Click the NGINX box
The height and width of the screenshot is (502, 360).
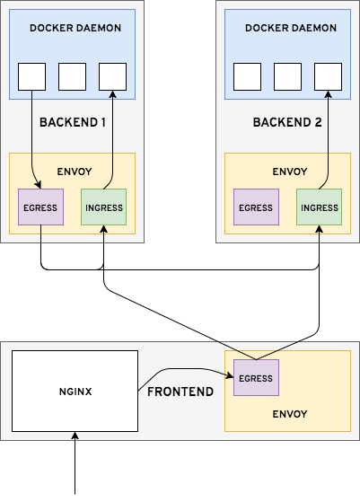(x=75, y=391)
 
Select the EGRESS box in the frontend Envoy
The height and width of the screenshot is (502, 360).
(x=256, y=377)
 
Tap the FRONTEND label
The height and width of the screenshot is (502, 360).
(x=180, y=392)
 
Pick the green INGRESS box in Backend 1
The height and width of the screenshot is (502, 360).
(x=103, y=207)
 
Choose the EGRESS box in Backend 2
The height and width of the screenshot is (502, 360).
(x=256, y=207)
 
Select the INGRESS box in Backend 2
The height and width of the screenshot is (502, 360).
(x=319, y=207)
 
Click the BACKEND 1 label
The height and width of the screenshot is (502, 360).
(x=74, y=121)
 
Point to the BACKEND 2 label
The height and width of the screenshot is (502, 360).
(x=286, y=121)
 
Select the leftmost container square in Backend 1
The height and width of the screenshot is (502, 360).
(x=32, y=76)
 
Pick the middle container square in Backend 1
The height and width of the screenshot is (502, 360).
(x=72, y=76)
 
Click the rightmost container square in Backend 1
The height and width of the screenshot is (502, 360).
(x=112, y=76)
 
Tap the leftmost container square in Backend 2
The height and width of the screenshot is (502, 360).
(x=247, y=76)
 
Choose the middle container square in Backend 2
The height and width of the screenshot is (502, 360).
(x=287, y=76)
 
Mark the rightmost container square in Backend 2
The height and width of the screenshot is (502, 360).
(x=328, y=76)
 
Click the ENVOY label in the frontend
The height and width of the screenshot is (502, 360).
(x=289, y=414)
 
